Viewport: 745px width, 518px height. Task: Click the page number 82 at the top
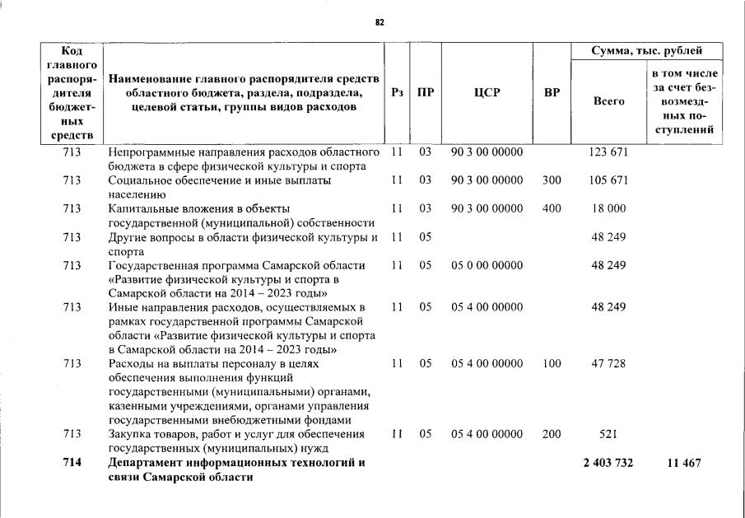(x=379, y=22)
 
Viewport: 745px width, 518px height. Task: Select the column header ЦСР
(x=487, y=93)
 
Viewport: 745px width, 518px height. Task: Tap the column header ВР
(x=552, y=93)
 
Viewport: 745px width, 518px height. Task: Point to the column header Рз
(x=397, y=93)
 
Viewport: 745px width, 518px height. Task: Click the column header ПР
(x=425, y=93)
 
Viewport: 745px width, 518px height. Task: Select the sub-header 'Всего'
(x=608, y=101)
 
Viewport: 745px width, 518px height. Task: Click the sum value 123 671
(x=608, y=153)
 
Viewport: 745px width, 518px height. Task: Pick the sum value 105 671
(x=608, y=180)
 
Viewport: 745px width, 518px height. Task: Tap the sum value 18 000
(x=608, y=208)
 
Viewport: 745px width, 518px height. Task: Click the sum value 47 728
(x=608, y=363)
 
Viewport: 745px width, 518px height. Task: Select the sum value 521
(x=608, y=434)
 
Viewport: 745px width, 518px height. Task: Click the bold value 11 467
(x=684, y=463)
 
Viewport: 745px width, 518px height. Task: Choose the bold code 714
(x=72, y=463)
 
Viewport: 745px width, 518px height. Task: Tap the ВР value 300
(x=552, y=180)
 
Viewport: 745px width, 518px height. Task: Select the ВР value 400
(x=552, y=208)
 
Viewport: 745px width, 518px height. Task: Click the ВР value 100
(x=552, y=363)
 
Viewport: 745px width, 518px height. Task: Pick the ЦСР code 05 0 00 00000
(x=487, y=265)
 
